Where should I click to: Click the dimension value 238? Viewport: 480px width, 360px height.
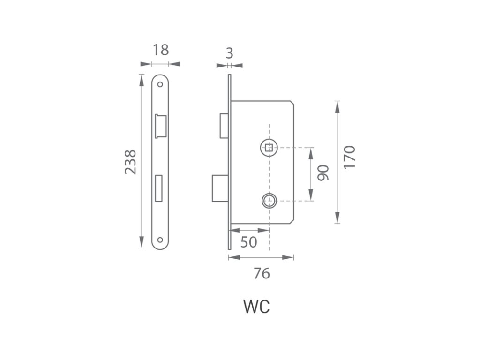[x=130, y=162]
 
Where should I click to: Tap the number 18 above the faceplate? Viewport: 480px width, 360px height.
[x=161, y=50]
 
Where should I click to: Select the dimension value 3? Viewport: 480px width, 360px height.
[x=229, y=53]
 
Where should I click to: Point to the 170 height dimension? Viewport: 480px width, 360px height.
[x=350, y=157]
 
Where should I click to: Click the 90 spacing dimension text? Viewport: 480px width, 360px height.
[x=323, y=173]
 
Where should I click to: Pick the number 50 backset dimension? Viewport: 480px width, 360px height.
[x=248, y=242]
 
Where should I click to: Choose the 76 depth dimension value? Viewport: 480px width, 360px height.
[x=262, y=273]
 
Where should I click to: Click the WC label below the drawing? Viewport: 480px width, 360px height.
[x=256, y=307]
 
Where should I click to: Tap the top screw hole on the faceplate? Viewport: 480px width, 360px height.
[x=161, y=85]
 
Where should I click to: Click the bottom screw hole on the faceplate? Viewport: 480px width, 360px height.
[x=161, y=240]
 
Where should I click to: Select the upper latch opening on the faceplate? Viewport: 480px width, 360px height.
[x=161, y=126]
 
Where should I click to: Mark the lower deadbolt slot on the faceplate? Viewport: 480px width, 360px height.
[x=160, y=187]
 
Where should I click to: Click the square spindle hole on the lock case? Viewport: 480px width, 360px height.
[x=269, y=148]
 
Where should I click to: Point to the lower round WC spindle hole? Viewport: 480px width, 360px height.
[x=269, y=201]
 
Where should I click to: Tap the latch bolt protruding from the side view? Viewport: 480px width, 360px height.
[x=224, y=126]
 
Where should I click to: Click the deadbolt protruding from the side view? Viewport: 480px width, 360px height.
[x=220, y=188]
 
